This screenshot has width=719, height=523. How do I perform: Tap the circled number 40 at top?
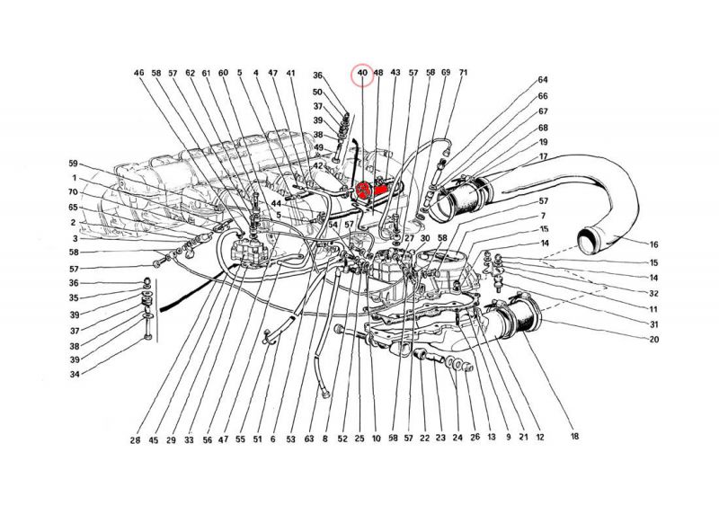tap(362, 73)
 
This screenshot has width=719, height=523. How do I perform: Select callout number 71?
tap(463, 73)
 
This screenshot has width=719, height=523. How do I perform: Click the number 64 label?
tap(543, 80)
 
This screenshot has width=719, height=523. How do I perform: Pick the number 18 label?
tap(574, 438)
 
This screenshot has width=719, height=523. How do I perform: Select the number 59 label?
tap(74, 163)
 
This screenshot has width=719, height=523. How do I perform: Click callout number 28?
tap(135, 440)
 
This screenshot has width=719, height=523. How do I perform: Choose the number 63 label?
tap(308, 440)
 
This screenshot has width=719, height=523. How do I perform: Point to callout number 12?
tap(540, 438)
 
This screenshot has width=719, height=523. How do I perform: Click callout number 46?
tap(138, 73)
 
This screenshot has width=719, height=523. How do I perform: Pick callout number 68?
tap(543, 127)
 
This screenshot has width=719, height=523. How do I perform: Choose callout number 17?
tap(543, 157)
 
